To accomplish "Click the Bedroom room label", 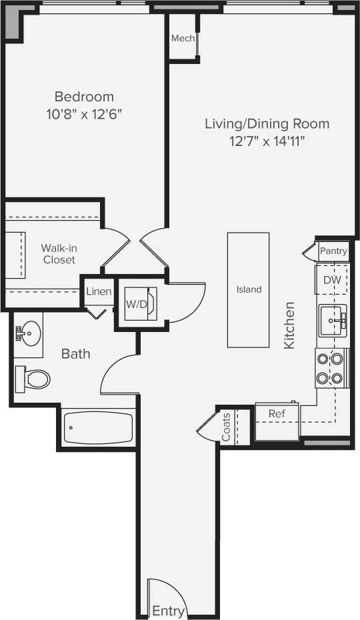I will point(84,97).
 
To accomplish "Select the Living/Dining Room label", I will point(267,123).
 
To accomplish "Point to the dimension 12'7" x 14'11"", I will point(267,140).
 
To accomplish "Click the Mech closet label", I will point(183,39).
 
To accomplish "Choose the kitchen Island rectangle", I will point(248,289).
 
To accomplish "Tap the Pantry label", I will point(333,251).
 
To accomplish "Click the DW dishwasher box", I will point(332,280).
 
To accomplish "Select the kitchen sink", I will point(332,322).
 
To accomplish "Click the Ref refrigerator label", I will point(277,414).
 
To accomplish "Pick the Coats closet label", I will point(226,427).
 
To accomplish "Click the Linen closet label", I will point(99,292).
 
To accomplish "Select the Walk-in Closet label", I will point(59,253).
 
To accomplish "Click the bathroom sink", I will point(29,329).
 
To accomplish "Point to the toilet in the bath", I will point(33,379).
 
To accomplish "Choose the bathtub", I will point(99,428).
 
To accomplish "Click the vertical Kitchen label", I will point(289,325).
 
